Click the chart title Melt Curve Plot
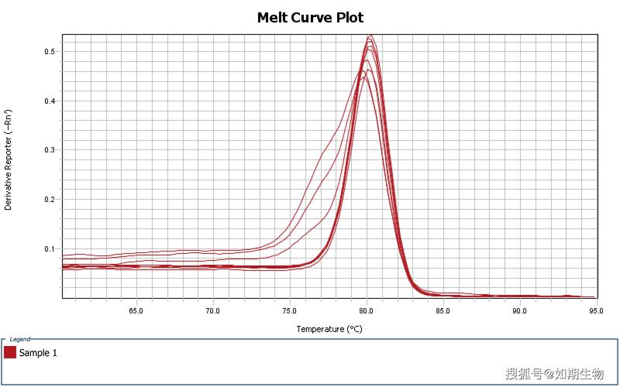pyautogui.click(x=310, y=17)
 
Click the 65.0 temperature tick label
pyautogui.click(x=136, y=311)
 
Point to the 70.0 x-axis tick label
pyautogui.click(x=212, y=311)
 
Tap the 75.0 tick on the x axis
pyautogui.click(x=289, y=311)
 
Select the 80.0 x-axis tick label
pyautogui.click(x=366, y=311)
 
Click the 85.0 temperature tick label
pyautogui.click(x=443, y=311)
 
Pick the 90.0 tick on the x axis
pyautogui.click(x=519, y=311)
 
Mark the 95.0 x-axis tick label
pyautogui.click(x=596, y=311)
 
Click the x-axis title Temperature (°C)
pyautogui.click(x=329, y=329)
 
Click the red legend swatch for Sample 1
pyautogui.click(x=10, y=353)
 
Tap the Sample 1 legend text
pyautogui.click(x=38, y=353)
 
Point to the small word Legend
pyautogui.click(x=20, y=339)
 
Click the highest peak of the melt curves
pyautogui.click(x=371, y=36)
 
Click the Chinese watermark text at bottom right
pyautogui.click(x=554, y=375)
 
